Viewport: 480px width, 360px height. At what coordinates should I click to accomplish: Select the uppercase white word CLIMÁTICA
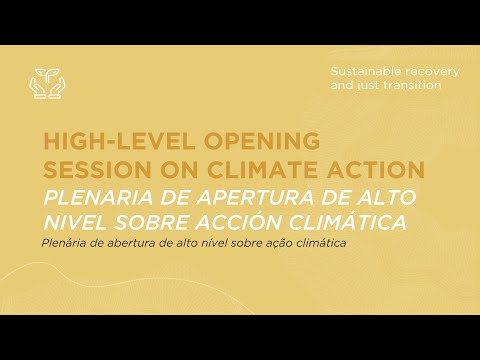tap(351, 221)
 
